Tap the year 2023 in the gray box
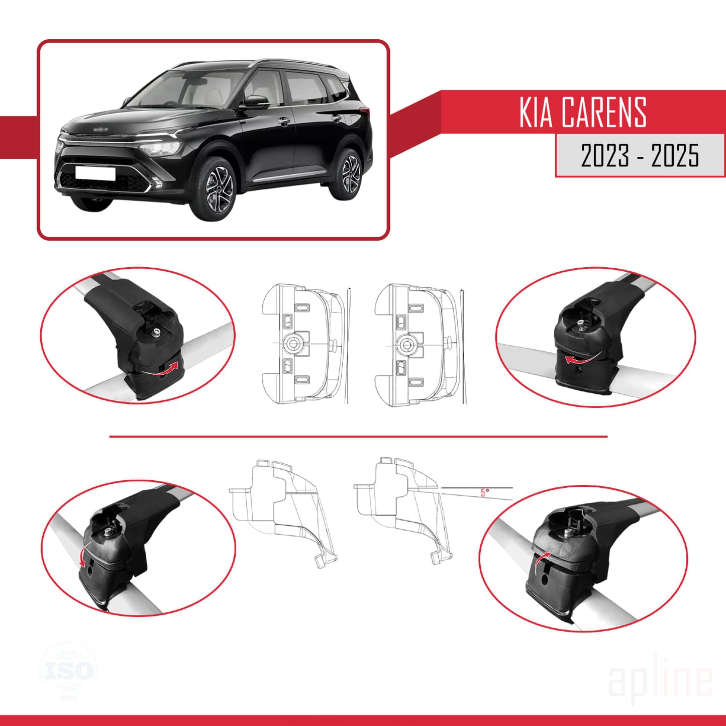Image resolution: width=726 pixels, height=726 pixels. coord(605,155)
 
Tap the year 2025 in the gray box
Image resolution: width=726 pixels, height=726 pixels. coord(675,155)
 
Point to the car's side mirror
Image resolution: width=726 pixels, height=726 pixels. coord(256,102)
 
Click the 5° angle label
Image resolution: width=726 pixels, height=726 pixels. coord(484,492)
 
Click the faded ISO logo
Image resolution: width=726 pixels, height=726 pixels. coord(69,671)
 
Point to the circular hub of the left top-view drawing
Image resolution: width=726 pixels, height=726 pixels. coord(292,344)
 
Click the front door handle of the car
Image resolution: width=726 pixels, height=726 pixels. coord(284,122)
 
